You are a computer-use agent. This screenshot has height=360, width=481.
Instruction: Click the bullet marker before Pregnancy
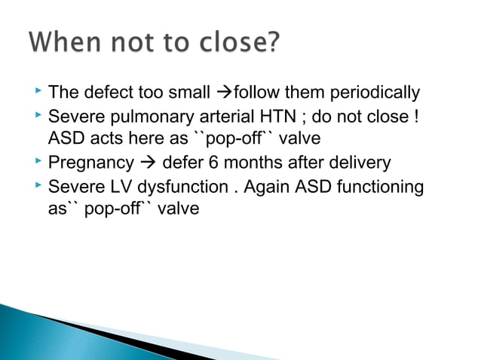click(35, 162)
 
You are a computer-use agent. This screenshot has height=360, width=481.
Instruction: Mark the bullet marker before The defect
click(35, 93)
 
